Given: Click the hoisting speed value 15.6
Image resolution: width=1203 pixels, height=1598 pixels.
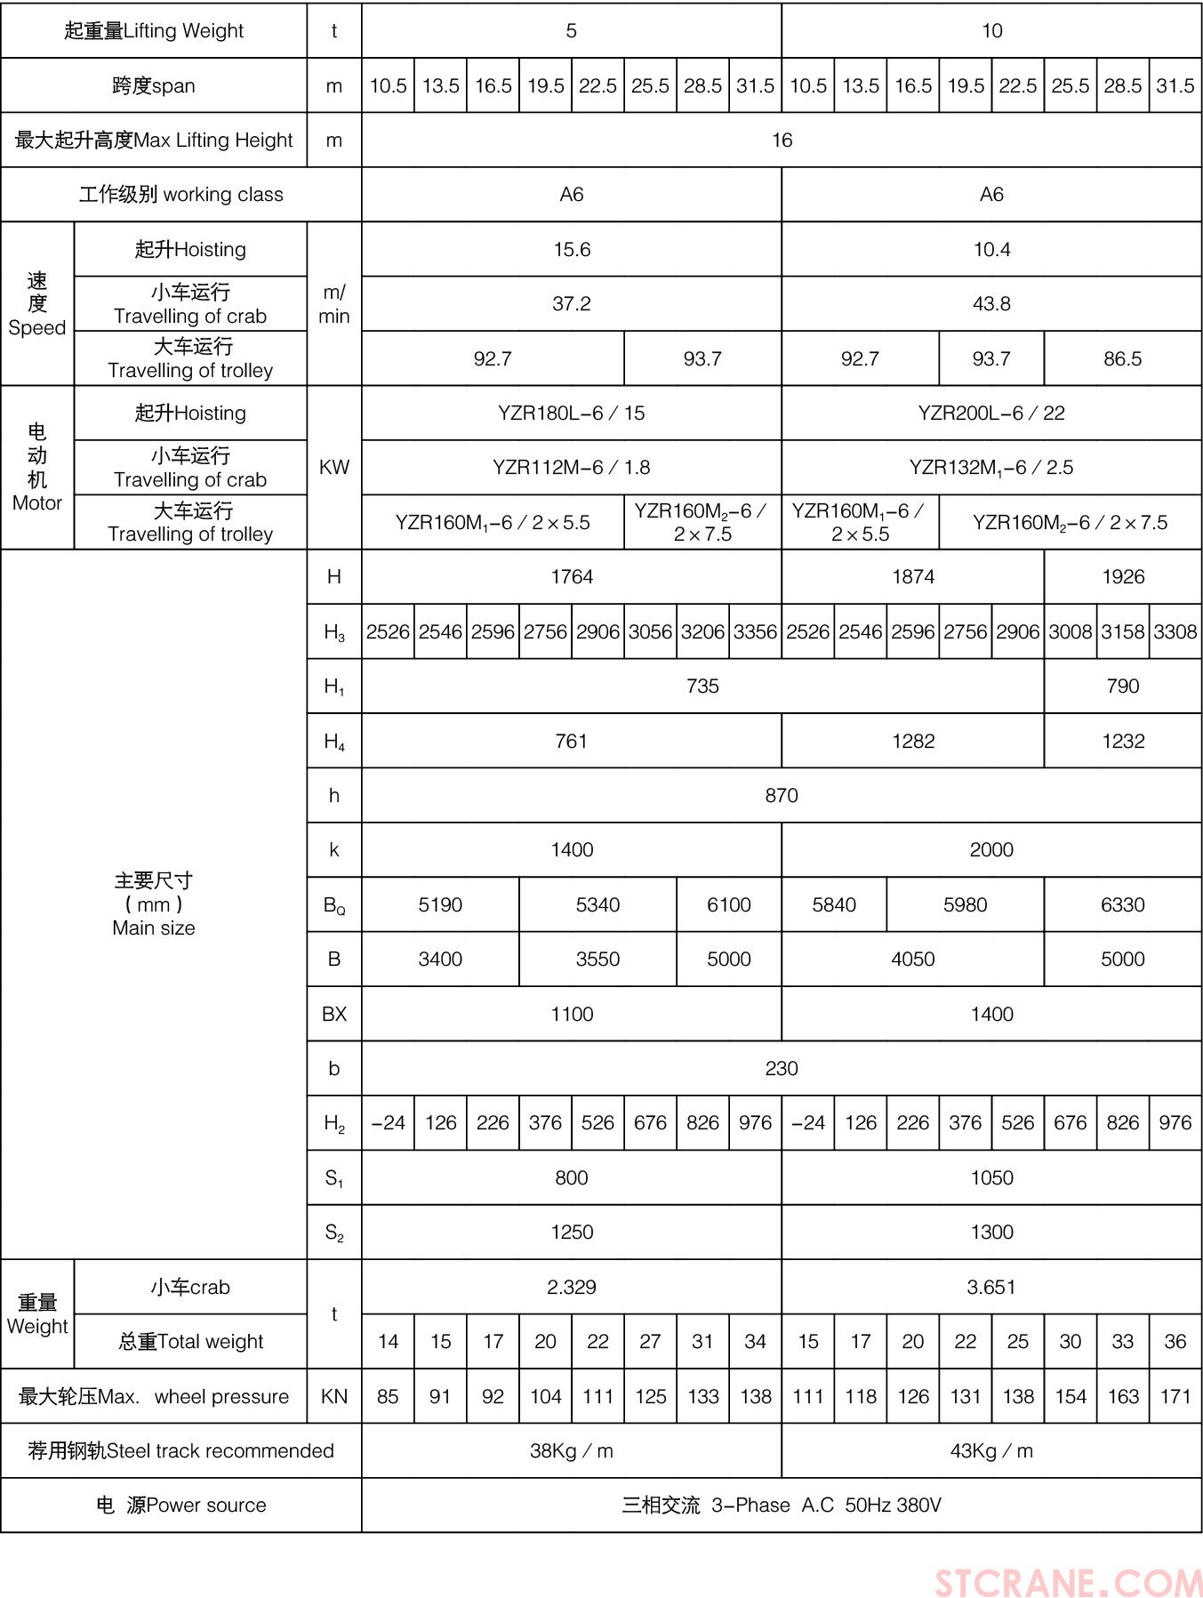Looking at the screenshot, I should (572, 250).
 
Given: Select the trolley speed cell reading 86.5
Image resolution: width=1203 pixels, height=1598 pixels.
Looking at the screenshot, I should (1122, 359).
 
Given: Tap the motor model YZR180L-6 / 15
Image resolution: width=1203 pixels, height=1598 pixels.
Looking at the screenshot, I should (572, 414).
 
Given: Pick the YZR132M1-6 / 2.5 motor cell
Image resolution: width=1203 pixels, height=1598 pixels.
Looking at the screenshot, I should (991, 468).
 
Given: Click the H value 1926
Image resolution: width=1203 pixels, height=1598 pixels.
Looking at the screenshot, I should (1122, 577).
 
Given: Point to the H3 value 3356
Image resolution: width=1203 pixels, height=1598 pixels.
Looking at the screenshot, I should (755, 632).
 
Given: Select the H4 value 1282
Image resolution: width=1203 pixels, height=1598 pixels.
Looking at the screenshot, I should (913, 742).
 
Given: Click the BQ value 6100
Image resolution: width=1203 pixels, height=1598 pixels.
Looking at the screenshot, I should (729, 905).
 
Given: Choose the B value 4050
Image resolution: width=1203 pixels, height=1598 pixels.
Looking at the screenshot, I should (913, 960).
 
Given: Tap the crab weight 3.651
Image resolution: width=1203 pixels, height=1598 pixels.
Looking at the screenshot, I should (991, 1288).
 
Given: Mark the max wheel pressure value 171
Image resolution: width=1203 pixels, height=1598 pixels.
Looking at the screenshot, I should (1175, 1397).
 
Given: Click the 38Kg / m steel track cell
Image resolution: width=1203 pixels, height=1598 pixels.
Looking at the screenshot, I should (572, 1451).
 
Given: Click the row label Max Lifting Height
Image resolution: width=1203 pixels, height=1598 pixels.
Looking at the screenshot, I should (154, 141).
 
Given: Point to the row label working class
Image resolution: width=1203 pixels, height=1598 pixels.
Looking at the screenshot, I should (180, 195).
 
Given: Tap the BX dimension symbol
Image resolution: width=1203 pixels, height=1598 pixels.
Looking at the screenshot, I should (334, 1015).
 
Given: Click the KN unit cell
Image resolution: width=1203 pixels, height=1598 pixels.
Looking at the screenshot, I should (334, 1397).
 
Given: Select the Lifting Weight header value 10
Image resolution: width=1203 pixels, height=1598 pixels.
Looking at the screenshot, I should (991, 31).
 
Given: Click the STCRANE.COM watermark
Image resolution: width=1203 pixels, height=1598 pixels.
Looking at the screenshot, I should (1067, 1582).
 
